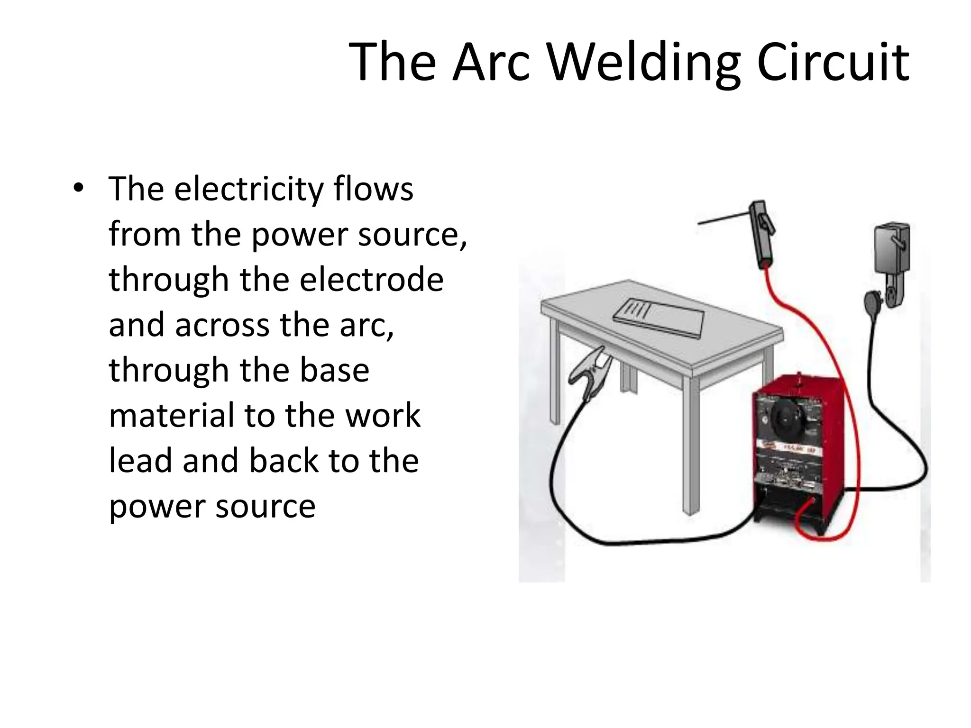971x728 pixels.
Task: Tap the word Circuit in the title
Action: click(833, 63)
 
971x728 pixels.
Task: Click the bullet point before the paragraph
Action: click(78, 188)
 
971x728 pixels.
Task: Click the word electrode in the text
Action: click(372, 279)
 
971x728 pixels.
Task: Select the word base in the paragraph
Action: click(334, 370)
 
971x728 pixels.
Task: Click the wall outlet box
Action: click(891, 249)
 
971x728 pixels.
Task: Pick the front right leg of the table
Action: click(691, 446)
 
